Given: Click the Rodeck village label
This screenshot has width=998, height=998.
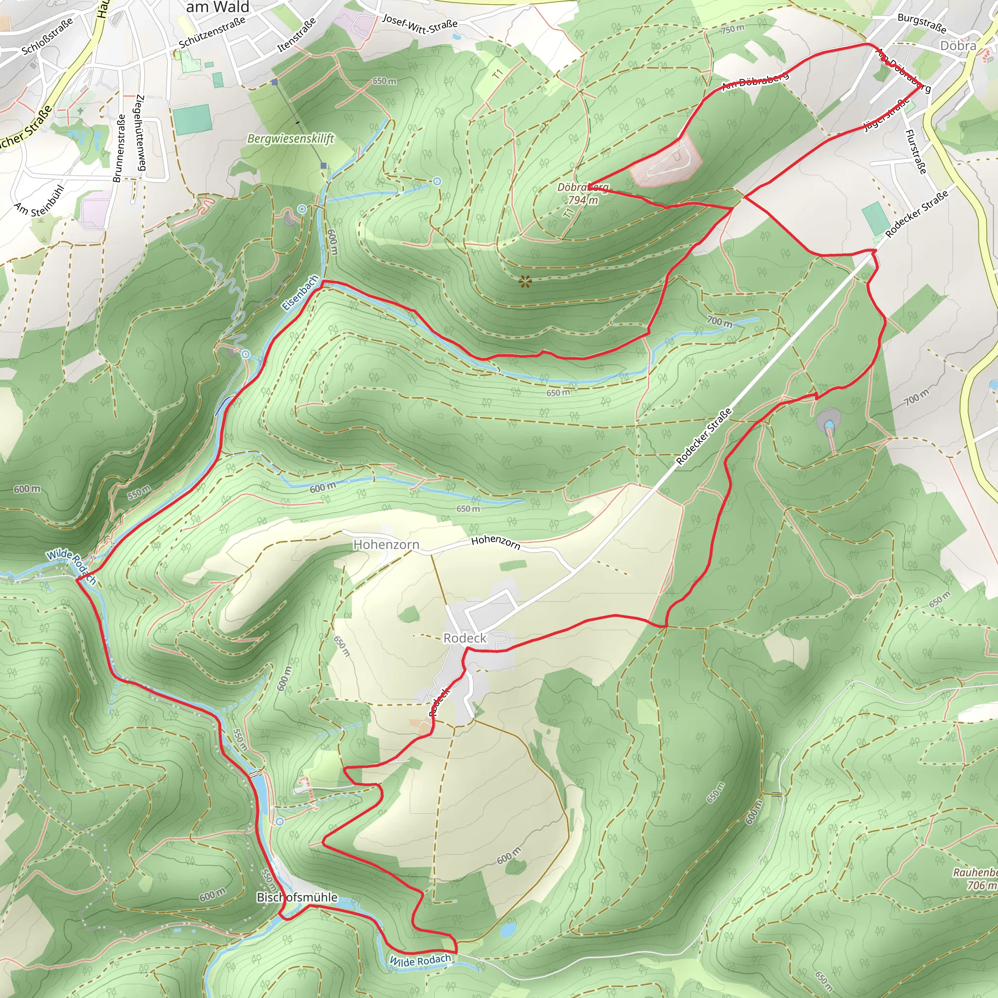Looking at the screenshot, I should click(x=464, y=638).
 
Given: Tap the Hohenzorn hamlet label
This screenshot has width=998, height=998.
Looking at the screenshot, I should click(x=386, y=544).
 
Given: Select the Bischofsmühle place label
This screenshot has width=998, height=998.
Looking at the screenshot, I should click(x=297, y=897).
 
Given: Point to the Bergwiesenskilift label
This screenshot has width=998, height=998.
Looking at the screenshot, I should click(x=290, y=138).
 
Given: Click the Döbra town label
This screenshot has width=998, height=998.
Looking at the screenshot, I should click(x=958, y=45).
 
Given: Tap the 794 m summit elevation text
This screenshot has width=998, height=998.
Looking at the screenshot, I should click(x=583, y=200).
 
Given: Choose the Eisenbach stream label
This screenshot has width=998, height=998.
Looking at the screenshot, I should click(x=300, y=292).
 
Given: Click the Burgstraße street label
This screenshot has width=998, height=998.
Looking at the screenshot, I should click(x=921, y=22).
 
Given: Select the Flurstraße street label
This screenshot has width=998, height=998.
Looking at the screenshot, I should click(x=916, y=152).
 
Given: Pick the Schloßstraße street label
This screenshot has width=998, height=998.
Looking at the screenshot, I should click(x=48, y=36).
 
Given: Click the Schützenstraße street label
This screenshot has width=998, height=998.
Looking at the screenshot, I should click(x=212, y=32).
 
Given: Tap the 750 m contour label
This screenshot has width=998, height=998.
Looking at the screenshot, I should click(x=732, y=29).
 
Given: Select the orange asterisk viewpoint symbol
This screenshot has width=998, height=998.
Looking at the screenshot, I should click(x=525, y=282).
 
